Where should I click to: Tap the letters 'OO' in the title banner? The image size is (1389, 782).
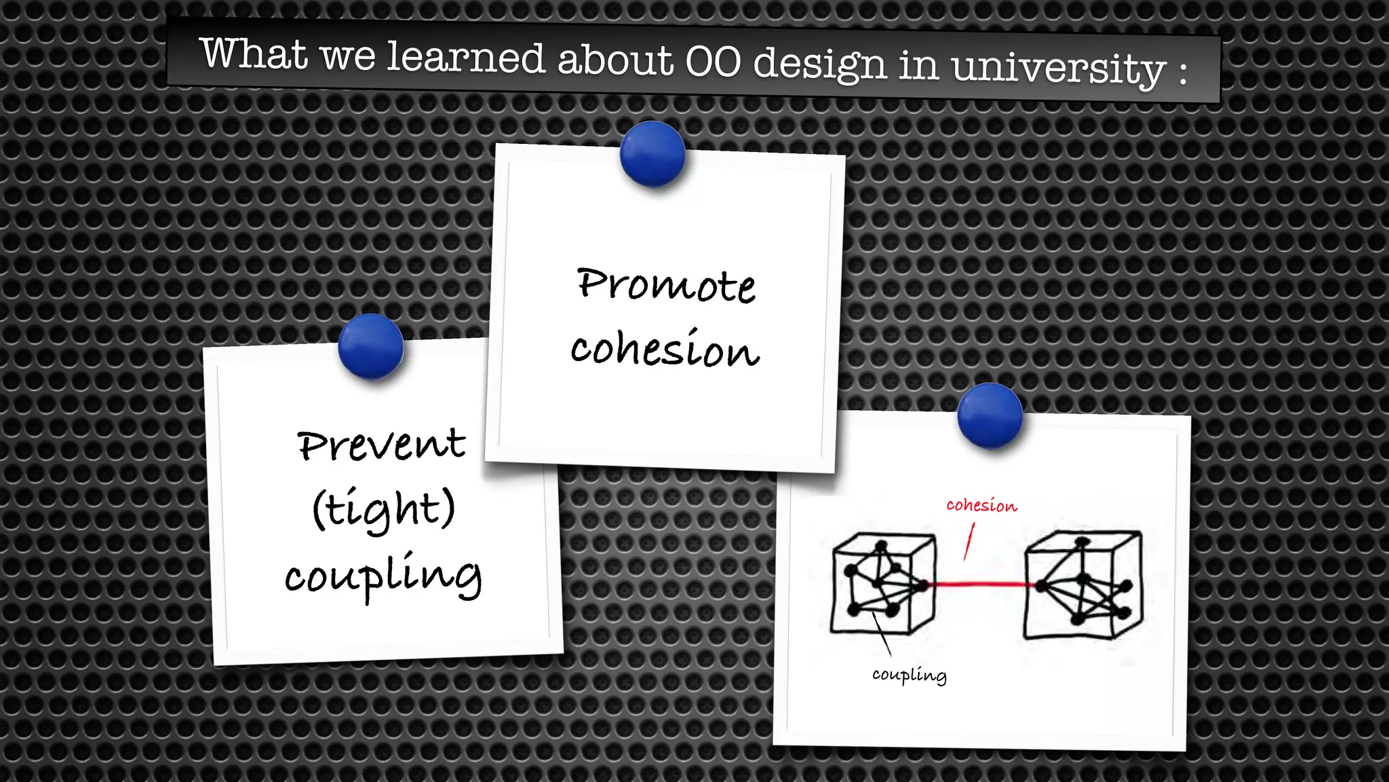click(713, 62)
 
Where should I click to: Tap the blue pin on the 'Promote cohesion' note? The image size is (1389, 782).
click(652, 154)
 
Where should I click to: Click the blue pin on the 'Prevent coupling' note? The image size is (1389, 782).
click(370, 346)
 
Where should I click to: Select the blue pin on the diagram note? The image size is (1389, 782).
click(990, 415)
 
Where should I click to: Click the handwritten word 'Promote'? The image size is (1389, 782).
click(666, 284)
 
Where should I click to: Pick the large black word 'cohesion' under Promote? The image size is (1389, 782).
click(665, 350)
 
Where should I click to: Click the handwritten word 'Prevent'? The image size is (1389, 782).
click(382, 445)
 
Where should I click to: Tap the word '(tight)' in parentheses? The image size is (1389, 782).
click(384, 509)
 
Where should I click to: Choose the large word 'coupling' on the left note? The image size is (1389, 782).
click(383, 576)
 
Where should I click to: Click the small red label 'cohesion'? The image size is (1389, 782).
click(981, 506)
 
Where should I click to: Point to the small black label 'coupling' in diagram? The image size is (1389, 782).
click(909, 675)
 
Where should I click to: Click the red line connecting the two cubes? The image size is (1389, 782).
click(980, 584)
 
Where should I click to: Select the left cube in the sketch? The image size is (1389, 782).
click(882, 584)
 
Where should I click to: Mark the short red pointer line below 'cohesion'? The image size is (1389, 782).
click(969, 541)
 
